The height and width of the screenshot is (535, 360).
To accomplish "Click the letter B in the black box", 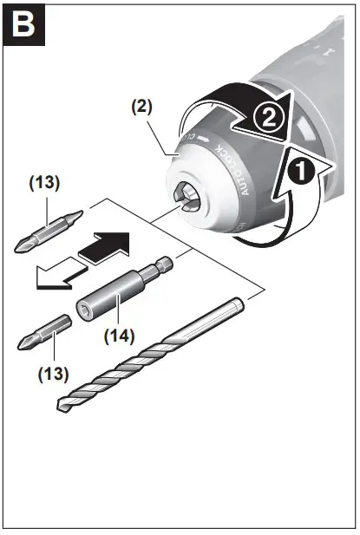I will pos(26,26).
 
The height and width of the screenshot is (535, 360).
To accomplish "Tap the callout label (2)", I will pos(142,108).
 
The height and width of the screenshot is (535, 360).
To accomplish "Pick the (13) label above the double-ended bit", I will pos(46,184).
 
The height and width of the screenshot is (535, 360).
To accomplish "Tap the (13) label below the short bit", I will pos(54,376).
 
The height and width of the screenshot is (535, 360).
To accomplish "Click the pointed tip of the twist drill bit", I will pos(62,407).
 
